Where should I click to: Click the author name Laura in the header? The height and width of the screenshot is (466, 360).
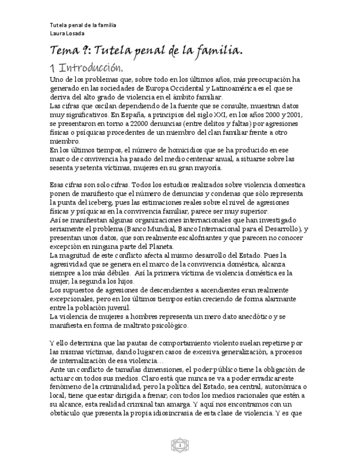57,33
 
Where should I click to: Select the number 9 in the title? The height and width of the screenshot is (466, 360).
87,51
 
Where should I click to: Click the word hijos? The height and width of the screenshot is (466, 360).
114,281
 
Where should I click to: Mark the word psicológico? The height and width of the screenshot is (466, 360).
165,326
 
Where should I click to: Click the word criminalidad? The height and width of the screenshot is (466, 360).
120,387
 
